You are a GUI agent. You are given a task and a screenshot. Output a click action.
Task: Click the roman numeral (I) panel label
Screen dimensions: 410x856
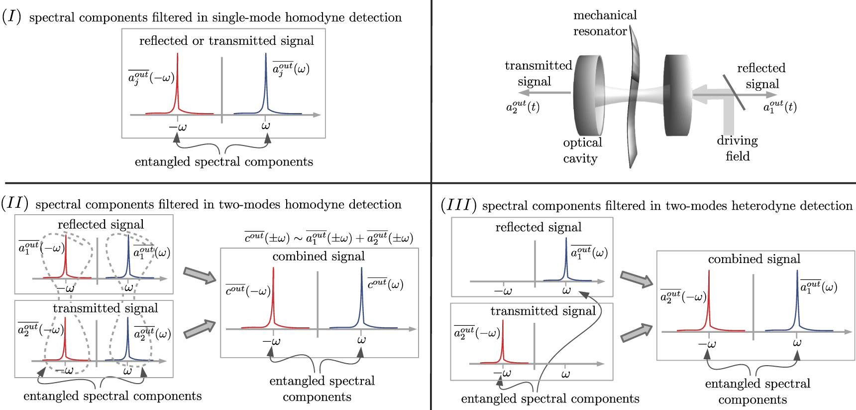click(x=11, y=16)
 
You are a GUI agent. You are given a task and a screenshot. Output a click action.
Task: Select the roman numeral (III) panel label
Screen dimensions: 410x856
click(x=458, y=205)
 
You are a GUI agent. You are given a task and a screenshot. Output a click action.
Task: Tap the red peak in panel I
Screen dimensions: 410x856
click(x=177, y=85)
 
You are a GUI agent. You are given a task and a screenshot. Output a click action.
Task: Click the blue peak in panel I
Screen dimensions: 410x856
click(x=266, y=85)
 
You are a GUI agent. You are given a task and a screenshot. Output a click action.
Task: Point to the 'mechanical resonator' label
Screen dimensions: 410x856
click(x=605, y=23)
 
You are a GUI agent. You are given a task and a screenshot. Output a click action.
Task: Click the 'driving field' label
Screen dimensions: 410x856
click(x=737, y=148)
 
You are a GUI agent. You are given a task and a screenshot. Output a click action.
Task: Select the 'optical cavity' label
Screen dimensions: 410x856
click(x=582, y=150)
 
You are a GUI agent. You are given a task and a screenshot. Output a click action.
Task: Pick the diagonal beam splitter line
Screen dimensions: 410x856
click(x=734, y=92)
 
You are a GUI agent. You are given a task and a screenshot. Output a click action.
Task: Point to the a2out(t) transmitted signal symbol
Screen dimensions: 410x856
click(x=523, y=107)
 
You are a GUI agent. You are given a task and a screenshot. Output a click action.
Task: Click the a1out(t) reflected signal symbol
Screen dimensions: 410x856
click(x=780, y=107)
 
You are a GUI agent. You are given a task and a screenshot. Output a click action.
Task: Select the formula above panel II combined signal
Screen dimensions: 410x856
click(x=328, y=238)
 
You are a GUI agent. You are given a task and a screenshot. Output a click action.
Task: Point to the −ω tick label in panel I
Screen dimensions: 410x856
click(x=177, y=127)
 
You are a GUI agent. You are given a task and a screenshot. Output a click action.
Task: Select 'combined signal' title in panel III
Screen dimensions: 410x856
click(x=754, y=259)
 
